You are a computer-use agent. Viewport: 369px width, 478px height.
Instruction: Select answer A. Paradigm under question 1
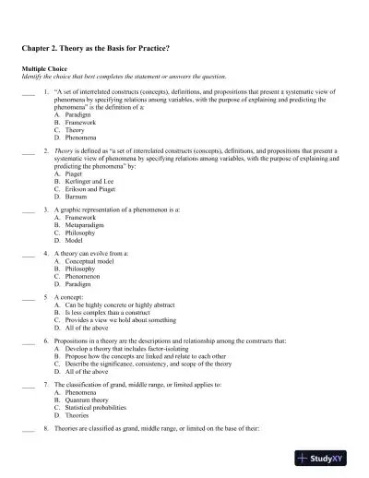coord(72,114)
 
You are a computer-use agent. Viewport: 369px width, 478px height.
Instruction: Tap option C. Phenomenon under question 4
coord(77,280)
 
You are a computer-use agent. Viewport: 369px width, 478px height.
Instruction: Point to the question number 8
coord(46,430)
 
